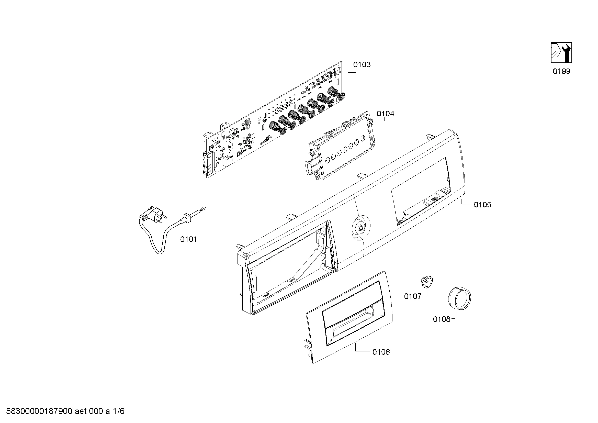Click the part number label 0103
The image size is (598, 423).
362,65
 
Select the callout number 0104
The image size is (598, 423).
386,114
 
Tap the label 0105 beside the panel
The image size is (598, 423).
483,205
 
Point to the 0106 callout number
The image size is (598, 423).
381,352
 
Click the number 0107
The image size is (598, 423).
413,296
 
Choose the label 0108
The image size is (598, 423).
442,319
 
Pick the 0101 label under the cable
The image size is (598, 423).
189,239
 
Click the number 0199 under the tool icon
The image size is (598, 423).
561,71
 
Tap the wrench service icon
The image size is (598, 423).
561,53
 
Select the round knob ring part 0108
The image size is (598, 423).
459,297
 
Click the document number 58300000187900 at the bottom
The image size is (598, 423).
39,411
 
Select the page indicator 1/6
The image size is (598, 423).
119,411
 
